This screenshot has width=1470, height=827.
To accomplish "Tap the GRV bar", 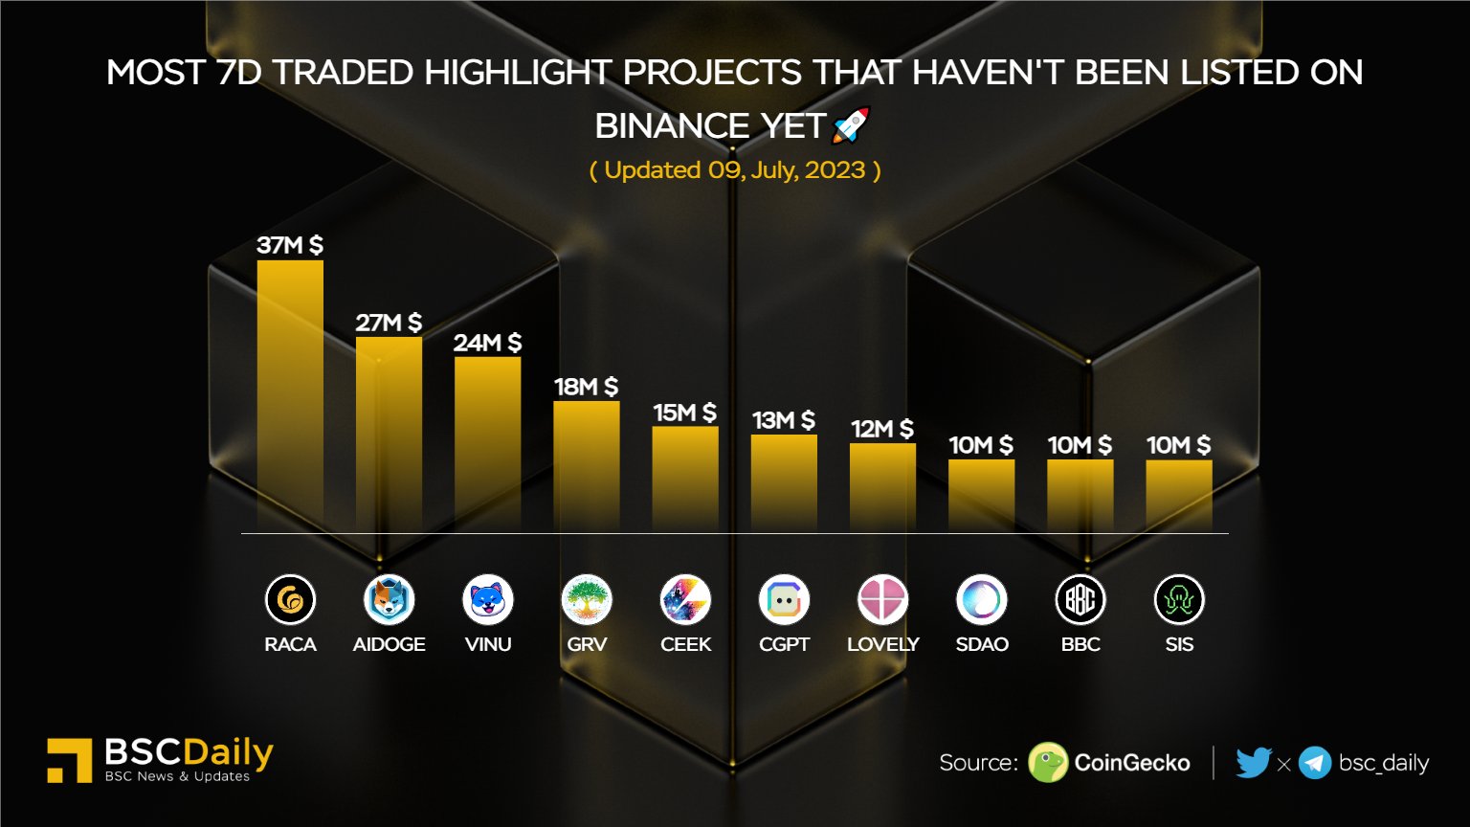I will [x=587, y=465].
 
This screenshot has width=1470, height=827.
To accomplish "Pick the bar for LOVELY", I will [x=882, y=486].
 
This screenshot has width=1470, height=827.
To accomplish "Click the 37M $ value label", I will [x=290, y=245].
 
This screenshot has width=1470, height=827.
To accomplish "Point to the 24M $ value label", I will [x=487, y=343].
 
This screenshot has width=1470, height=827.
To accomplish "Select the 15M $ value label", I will [x=685, y=413].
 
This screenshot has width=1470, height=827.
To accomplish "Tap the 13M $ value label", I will [x=784, y=420].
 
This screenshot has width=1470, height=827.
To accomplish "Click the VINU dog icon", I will [x=488, y=600].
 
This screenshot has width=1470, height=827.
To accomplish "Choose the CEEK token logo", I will [x=685, y=600].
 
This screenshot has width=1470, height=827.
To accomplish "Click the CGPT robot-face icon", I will [x=784, y=600].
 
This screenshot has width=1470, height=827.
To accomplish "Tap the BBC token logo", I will [x=1080, y=600].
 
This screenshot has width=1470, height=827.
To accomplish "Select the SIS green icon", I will [x=1179, y=600].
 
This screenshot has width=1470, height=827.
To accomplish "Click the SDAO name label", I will [x=982, y=644].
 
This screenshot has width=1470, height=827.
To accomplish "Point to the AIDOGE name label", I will [x=389, y=644].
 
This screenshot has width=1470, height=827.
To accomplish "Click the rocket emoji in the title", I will [x=851, y=125].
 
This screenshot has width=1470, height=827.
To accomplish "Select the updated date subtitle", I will [x=735, y=170].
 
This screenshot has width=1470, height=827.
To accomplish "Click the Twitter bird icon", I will [x=1253, y=763].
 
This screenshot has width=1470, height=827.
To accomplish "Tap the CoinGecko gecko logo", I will [x=1048, y=763].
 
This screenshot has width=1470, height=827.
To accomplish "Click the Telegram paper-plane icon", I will [x=1315, y=763].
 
